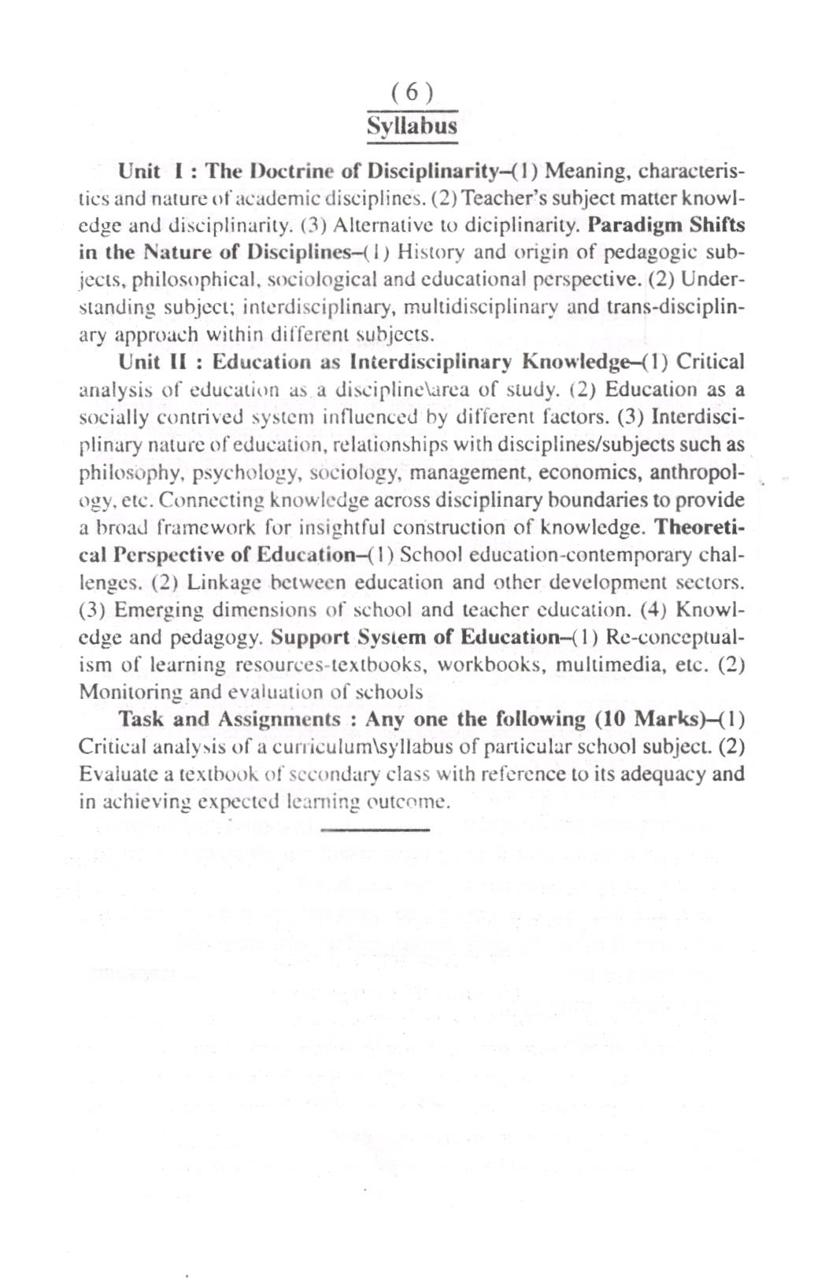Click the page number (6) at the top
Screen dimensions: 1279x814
coord(411,94)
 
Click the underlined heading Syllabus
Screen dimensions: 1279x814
coord(412,126)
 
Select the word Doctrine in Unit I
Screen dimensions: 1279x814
coord(283,171)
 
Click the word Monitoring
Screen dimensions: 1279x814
coord(131,693)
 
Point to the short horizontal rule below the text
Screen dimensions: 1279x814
coord(376,829)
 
